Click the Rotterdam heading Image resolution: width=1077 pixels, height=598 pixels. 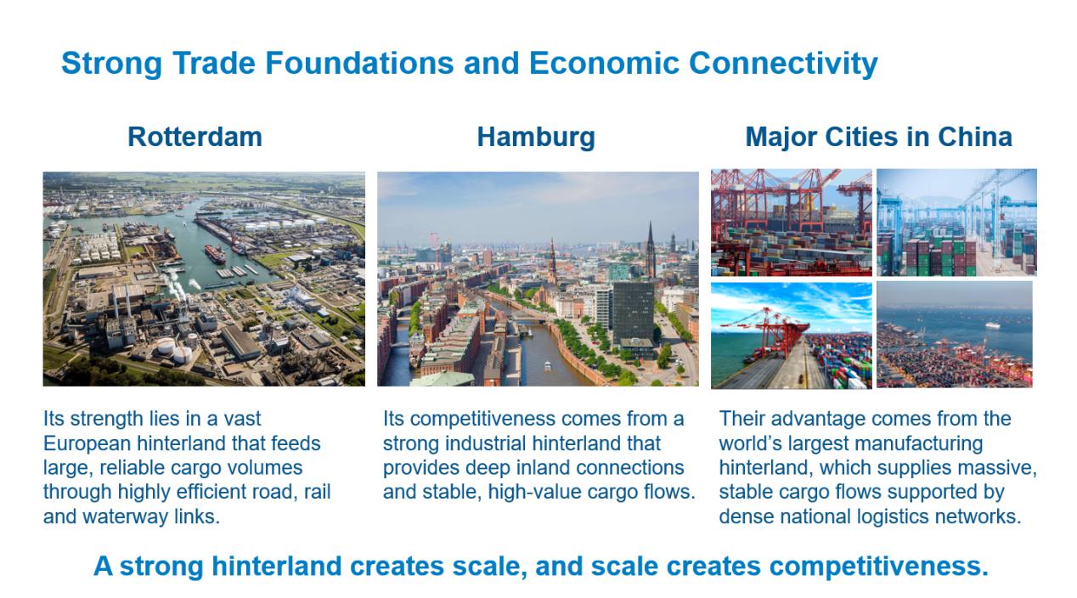click(195, 137)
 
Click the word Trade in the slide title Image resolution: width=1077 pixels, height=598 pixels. click(214, 63)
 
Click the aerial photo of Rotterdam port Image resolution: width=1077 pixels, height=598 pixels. click(204, 279)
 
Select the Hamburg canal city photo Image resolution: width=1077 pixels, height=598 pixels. click(538, 279)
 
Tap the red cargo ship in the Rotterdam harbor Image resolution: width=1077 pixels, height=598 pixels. click(215, 254)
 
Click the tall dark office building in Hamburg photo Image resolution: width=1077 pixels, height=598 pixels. click(634, 313)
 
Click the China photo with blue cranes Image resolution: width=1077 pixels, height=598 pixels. click(956, 222)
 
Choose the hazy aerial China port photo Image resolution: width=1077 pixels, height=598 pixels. click(955, 335)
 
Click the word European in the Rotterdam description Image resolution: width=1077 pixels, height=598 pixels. click(87, 444)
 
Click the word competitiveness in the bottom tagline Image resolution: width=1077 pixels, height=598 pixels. click(879, 567)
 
